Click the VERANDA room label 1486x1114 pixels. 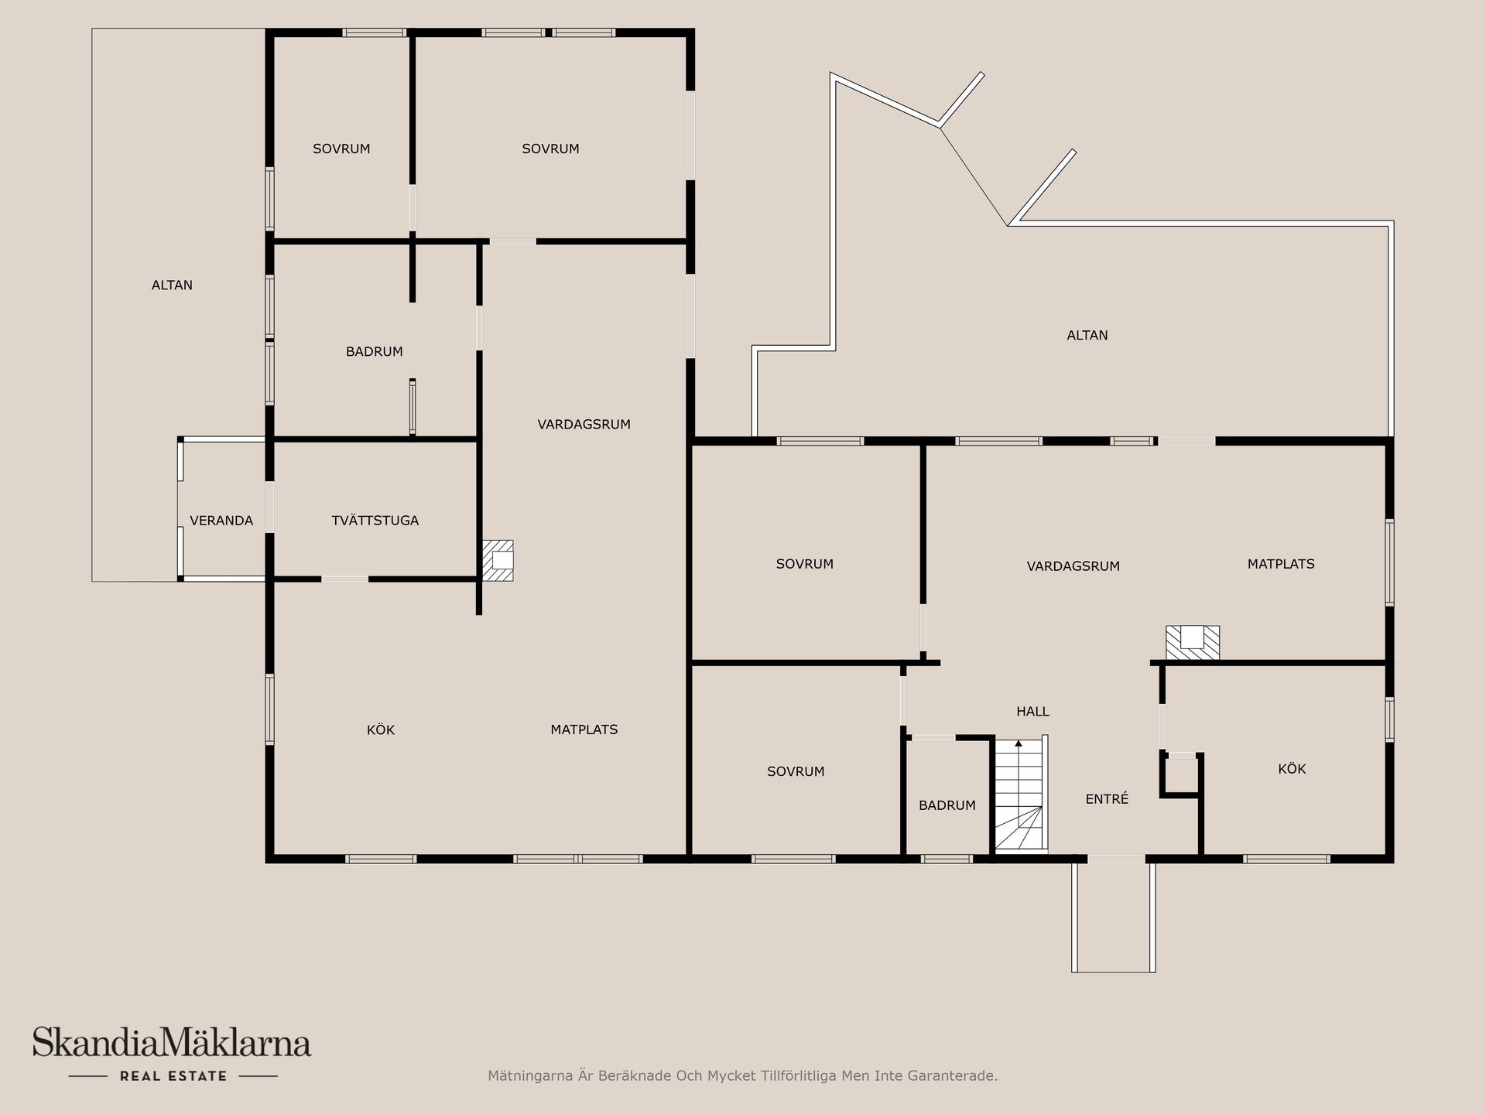[221, 521]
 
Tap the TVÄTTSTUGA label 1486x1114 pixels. [375, 521]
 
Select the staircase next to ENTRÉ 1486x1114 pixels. [1021, 794]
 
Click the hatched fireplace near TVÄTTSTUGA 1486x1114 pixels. [498, 560]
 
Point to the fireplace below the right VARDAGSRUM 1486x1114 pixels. [1193, 643]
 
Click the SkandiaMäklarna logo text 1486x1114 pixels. [172, 1042]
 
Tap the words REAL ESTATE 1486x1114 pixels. [173, 1076]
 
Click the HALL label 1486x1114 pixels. [1033, 712]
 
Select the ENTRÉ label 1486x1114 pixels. [1107, 799]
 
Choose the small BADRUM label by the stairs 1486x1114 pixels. [947, 805]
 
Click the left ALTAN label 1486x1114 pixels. [172, 285]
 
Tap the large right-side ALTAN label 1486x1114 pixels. [1087, 336]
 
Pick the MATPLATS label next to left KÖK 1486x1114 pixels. [584, 730]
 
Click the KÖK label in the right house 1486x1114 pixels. [1292, 769]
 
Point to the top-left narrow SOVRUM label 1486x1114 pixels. [341, 149]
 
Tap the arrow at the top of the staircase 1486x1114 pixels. [1019, 743]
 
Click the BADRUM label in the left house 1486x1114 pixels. [375, 352]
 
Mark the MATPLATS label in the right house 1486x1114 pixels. [1281, 564]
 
